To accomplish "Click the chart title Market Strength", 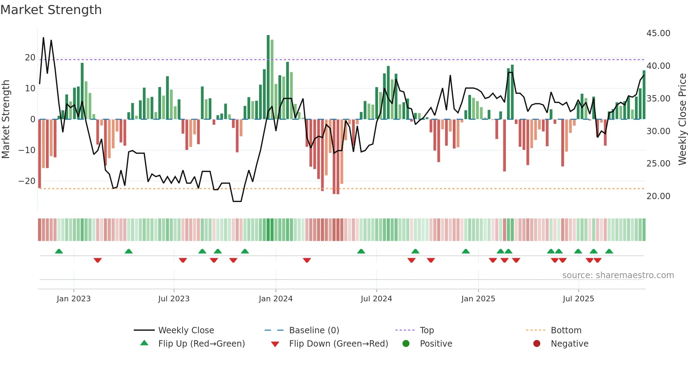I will click(x=51, y=10).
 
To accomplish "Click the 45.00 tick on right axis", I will click(x=658, y=33).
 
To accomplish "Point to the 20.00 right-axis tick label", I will click(x=658, y=196).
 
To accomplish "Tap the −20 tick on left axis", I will click(x=27, y=181).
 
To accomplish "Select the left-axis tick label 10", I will click(x=30, y=88).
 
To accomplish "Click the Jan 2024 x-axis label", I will click(x=276, y=299).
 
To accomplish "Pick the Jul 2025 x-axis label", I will click(x=578, y=299).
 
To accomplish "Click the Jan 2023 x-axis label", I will click(x=74, y=299).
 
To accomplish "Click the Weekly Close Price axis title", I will click(x=682, y=119).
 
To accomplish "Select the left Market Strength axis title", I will click(x=6, y=119).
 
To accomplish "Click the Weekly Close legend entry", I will click(x=186, y=330).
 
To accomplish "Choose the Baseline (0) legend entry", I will click(x=314, y=330).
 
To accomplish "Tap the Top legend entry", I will click(x=426, y=330).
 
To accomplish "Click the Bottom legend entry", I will click(x=566, y=330).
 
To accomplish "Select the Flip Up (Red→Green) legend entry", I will click(x=201, y=344).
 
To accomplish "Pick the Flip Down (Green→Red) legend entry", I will click(x=338, y=344).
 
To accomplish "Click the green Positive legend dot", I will click(x=406, y=344).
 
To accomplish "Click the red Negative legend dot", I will click(x=537, y=344).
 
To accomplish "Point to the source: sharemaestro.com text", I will click(x=618, y=275).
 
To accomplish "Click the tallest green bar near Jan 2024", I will click(x=268, y=77).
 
